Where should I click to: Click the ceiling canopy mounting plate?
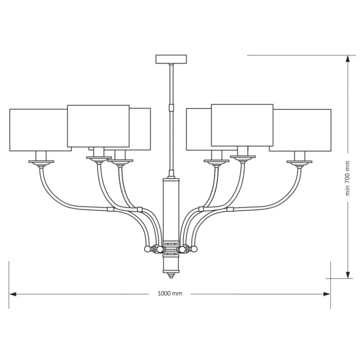click(x=171, y=59)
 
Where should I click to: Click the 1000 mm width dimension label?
click(x=170, y=294)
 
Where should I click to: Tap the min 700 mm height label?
click(x=347, y=178)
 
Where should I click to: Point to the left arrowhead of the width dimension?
click(x=13, y=294)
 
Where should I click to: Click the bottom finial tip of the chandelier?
click(x=171, y=275)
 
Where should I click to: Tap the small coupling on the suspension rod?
click(x=171, y=107)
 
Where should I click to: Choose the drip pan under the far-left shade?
click(x=41, y=162)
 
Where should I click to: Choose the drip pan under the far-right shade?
click(x=299, y=162)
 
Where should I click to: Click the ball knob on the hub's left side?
click(x=147, y=249)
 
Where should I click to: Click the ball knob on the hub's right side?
click(x=194, y=249)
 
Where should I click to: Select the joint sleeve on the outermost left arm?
click(x=111, y=209)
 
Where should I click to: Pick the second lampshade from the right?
click(x=242, y=125)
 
